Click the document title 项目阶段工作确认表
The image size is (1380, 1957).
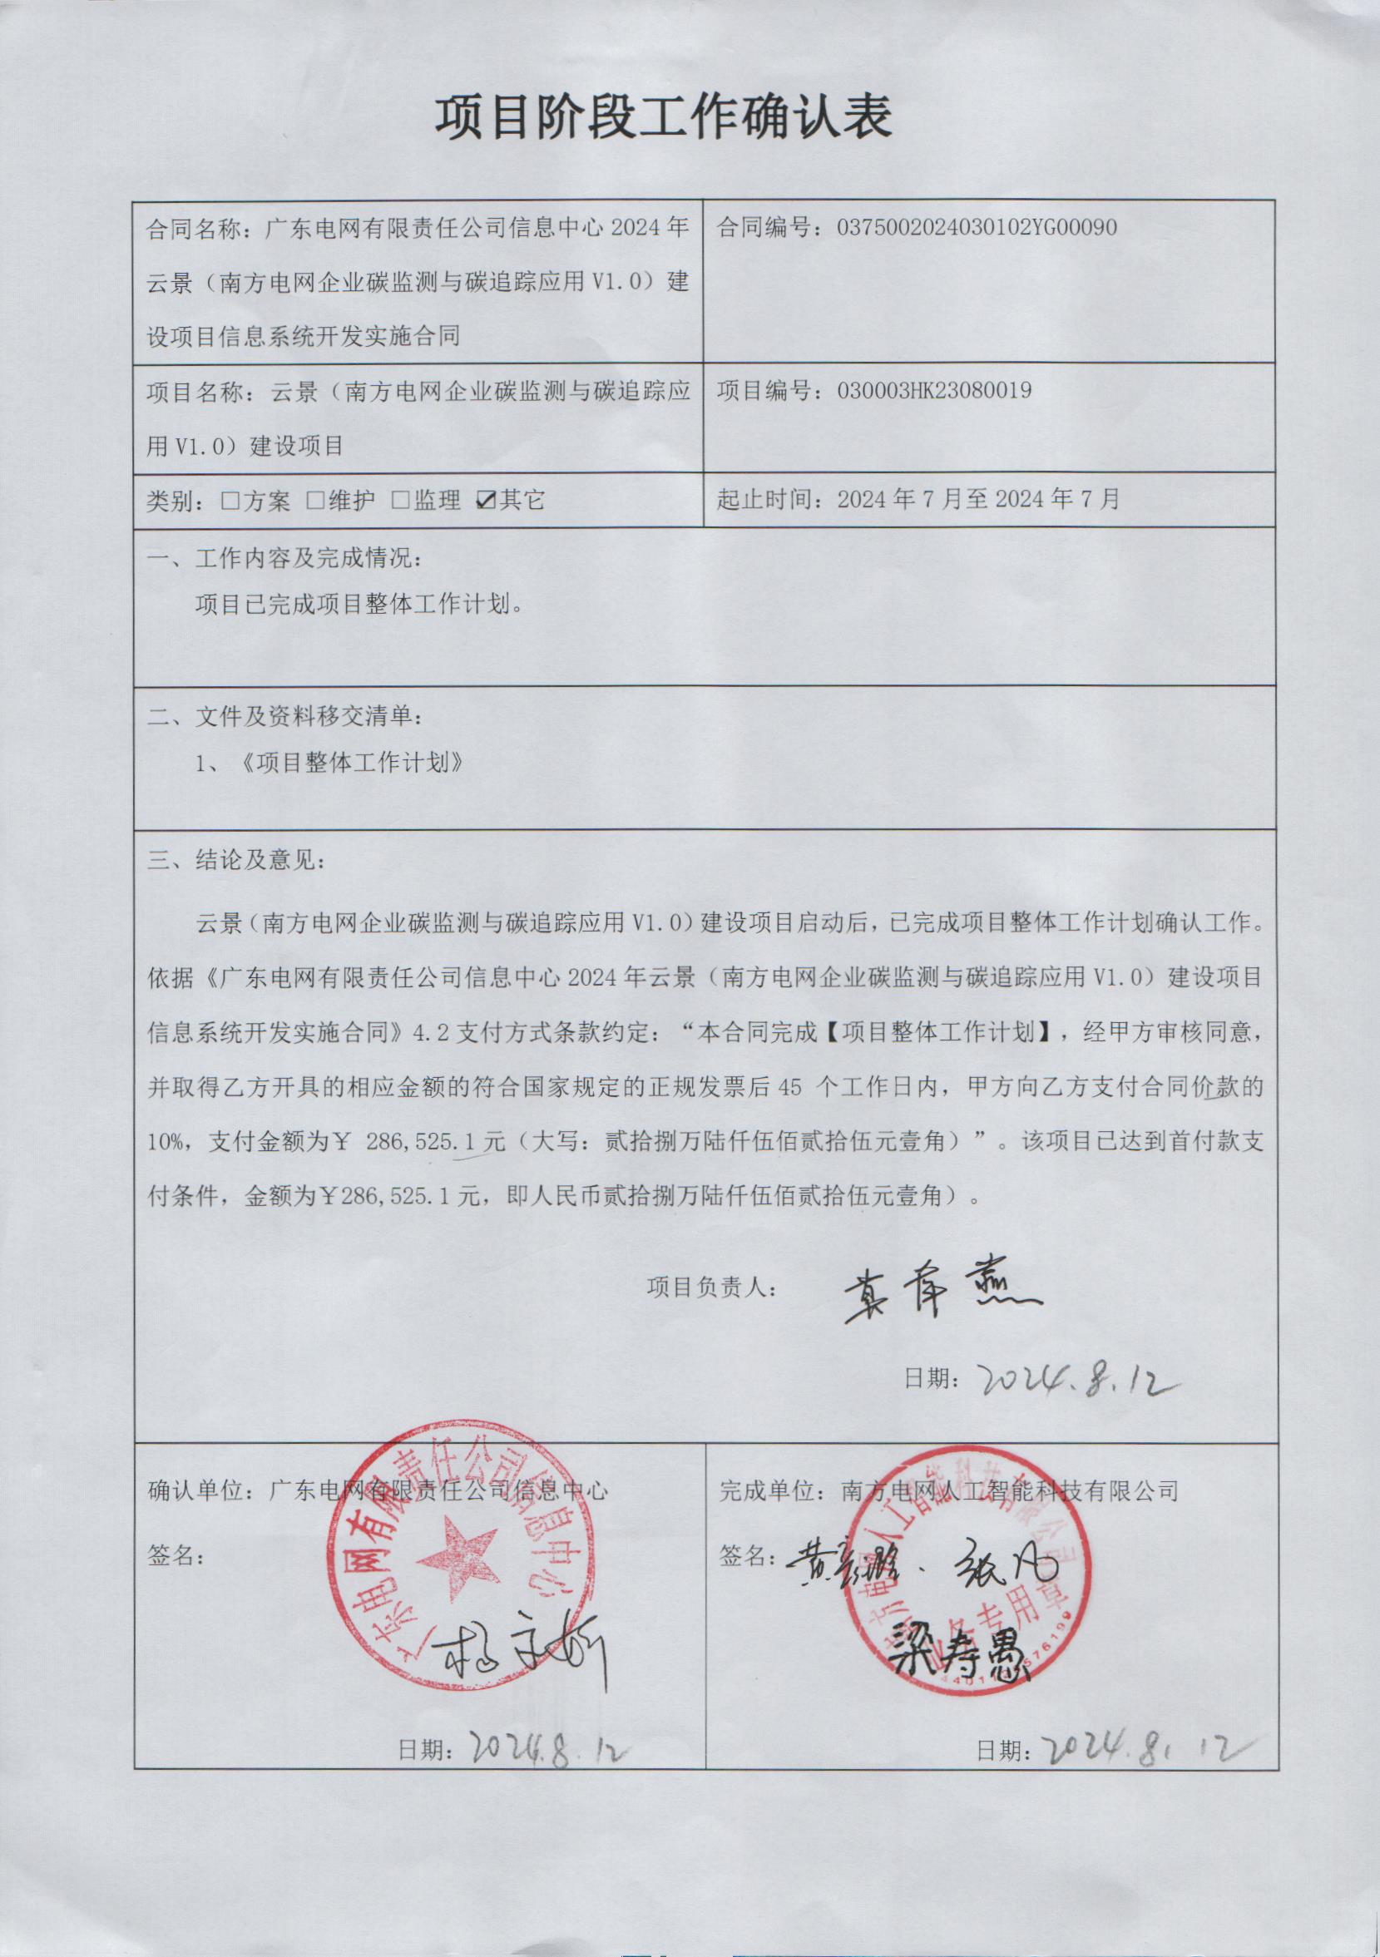[x=663, y=116]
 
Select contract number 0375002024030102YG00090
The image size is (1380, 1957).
[x=977, y=228]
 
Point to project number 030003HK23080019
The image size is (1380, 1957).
[x=934, y=390]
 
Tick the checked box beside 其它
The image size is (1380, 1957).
[x=487, y=501]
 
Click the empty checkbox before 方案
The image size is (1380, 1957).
[x=230, y=501]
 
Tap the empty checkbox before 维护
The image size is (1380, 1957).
[x=314, y=501]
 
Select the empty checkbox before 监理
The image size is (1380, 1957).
[x=400, y=501]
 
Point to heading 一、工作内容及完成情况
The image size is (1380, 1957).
[x=284, y=560]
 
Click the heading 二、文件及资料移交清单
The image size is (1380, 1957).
[x=284, y=717]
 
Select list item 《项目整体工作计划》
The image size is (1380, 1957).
[x=350, y=763]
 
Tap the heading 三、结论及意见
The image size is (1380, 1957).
[x=236, y=860]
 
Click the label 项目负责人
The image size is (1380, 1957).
[x=711, y=1311]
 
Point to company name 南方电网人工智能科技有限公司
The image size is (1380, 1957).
[x=1009, y=1487]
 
